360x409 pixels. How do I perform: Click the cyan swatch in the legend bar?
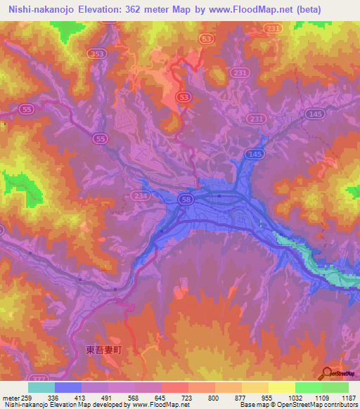click(41, 388)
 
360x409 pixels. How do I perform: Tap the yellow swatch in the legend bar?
click(282, 388)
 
